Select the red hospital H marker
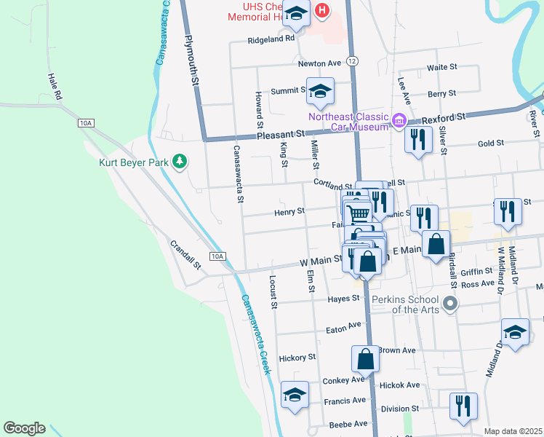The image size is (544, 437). click(322, 12)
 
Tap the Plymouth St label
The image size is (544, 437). click(192, 62)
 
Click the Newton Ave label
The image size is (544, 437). click(319, 63)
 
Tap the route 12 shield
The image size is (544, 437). click(352, 60)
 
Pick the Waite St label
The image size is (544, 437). click(441, 66)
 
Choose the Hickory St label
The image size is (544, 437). click(297, 358)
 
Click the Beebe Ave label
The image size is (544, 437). click(349, 423)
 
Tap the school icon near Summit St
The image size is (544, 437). click(320, 92)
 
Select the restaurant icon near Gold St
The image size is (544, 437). click(418, 139)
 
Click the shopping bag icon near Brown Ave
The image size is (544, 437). click(365, 358)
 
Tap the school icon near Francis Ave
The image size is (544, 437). click(295, 395)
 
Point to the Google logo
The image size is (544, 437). click(24, 428)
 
